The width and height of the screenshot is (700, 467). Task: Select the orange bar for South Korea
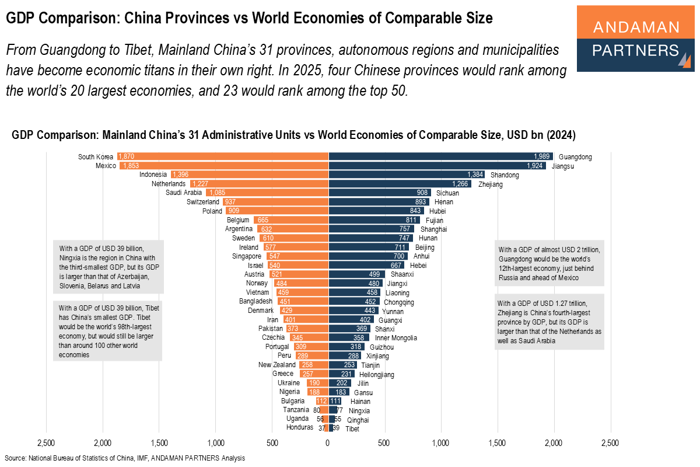point(222,156)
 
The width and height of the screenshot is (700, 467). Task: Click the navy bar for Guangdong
point(440,156)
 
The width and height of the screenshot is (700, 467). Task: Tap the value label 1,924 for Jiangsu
point(535,166)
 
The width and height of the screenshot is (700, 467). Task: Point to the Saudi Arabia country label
point(184,193)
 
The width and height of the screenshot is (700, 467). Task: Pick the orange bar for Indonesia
point(249,175)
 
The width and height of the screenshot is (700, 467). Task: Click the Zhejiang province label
point(490,184)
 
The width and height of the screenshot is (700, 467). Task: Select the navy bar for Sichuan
point(379,193)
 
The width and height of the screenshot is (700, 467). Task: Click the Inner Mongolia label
point(395,337)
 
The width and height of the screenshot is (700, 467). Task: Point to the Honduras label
point(299,428)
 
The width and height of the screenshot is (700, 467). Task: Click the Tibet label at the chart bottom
point(352,428)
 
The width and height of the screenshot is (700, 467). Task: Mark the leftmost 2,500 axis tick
point(45,443)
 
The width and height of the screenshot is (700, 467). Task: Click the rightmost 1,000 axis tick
point(441,443)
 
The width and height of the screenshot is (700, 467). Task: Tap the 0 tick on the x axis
point(328,443)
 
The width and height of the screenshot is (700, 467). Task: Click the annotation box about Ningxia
point(107,266)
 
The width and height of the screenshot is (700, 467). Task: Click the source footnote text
point(124,458)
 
